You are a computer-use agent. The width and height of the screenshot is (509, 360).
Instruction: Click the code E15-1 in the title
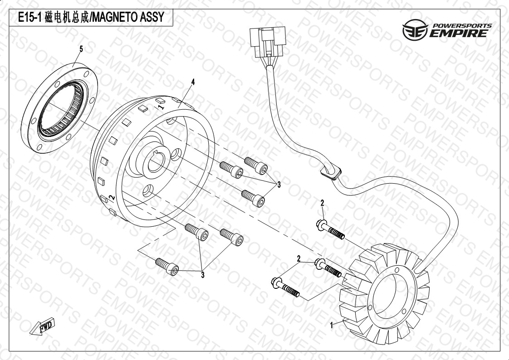click(30, 18)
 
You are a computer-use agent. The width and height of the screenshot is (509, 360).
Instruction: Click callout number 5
click(81, 49)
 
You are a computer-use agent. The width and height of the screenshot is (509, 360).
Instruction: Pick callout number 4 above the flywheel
click(193, 82)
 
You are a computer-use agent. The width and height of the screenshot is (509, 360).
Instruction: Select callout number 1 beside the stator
click(332, 325)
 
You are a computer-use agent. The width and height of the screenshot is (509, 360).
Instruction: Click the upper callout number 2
click(322, 202)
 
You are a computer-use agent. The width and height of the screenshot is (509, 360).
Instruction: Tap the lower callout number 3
click(203, 274)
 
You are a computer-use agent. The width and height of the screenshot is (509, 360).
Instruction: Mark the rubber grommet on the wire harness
click(331, 173)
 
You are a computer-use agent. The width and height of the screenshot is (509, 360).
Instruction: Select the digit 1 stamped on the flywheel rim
click(160, 107)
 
